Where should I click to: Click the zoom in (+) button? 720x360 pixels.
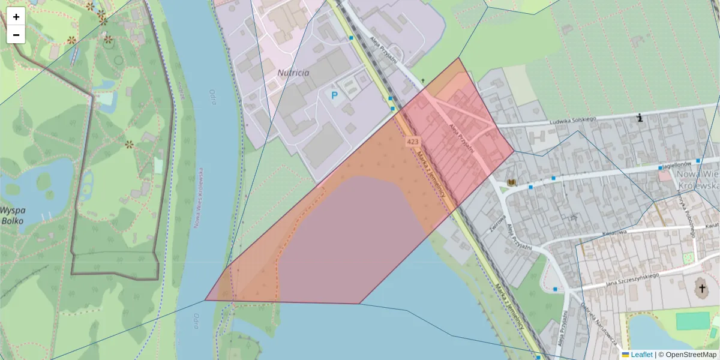tap(16, 17)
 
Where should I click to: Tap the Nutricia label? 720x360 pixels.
tap(293, 73)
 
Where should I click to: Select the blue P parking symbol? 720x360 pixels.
tap(335, 95)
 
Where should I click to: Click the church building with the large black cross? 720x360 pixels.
tap(701, 289)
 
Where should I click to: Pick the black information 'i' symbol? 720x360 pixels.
tap(640, 118)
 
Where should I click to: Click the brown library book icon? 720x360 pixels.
tap(511, 182)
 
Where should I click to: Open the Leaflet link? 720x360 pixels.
tap(641, 355)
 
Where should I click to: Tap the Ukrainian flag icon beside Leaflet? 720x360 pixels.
tap(626, 355)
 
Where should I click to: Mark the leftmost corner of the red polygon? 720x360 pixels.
tap(205, 299)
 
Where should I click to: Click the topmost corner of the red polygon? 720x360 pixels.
tap(459, 58)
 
